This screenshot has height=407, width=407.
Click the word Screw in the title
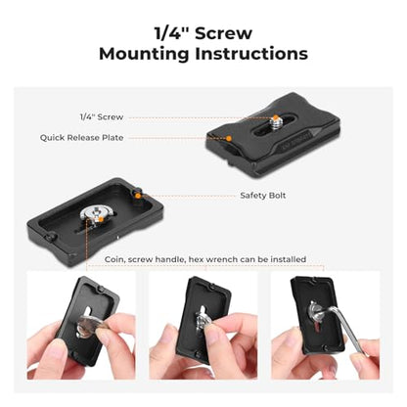[224, 33]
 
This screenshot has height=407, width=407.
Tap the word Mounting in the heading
[144, 54]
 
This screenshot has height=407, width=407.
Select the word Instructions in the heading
[251, 54]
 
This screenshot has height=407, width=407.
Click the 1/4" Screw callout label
[102, 117]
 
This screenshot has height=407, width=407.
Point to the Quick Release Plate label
[81, 138]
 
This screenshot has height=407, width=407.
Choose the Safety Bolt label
[263, 196]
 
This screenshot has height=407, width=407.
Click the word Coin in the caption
[113, 259]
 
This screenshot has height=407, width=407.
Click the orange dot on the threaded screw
[276, 117]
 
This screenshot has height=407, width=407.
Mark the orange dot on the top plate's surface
[229, 139]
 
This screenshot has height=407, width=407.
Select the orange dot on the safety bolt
[138, 196]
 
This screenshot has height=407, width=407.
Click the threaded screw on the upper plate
[276, 123]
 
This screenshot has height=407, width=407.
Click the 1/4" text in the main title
[171, 33]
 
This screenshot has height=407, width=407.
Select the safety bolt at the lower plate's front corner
[50, 237]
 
